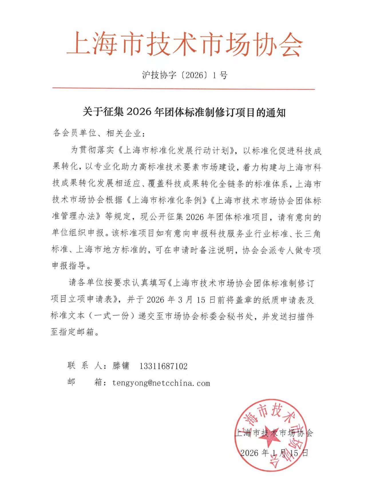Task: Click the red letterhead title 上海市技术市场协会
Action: click(x=185, y=44)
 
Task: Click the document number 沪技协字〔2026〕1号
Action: click(x=185, y=75)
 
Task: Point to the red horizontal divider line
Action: click(x=183, y=89)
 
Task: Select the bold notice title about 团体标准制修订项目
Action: click(x=184, y=112)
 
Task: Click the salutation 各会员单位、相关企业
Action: click(x=97, y=133)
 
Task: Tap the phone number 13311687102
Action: click(x=163, y=366)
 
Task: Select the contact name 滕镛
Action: click(x=121, y=366)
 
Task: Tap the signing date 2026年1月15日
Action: click(x=274, y=453)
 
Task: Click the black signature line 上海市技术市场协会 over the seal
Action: click(x=274, y=433)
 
